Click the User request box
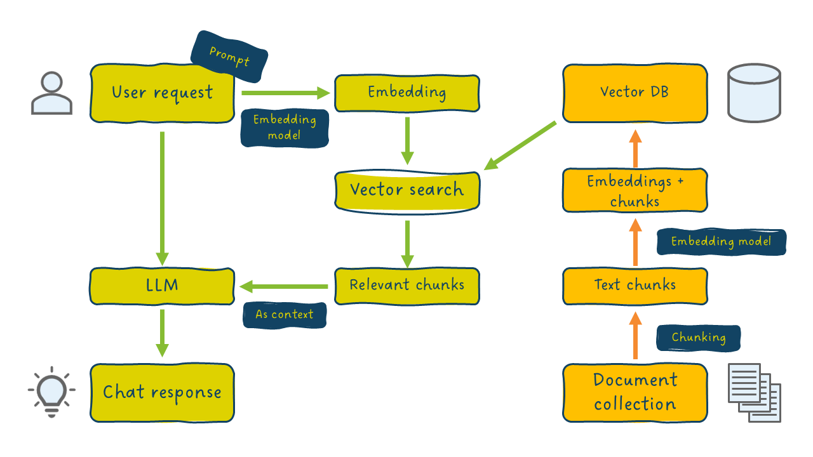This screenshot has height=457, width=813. click(x=162, y=93)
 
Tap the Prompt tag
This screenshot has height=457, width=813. click(x=229, y=58)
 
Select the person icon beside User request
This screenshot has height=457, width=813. click(x=51, y=93)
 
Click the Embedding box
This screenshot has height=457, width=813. click(x=406, y=93)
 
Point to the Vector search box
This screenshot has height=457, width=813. click(x=406, y=190)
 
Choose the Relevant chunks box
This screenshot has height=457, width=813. click(x=406, y=285)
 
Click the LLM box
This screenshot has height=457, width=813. click(x=162, y=285)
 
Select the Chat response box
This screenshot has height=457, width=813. click(x=162, y=392)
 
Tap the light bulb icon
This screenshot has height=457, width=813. click(x=51, y=390)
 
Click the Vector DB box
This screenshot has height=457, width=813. click(x=635, y=93)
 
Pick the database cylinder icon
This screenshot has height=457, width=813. click(x=754, y=93)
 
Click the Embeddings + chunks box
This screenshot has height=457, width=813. click(x=635, y=190)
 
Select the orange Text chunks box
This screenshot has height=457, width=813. click(x=635, y=285)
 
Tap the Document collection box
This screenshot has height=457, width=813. click(x=635, y=392)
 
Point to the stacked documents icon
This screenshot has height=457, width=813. click(x=753, y=392)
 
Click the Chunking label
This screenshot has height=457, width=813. click(x=698, y=338)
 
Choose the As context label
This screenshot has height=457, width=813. click(x=285, y=315)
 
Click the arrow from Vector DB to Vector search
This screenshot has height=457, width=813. click(x=521, y=145)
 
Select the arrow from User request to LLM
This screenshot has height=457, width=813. click(x=162, y=197)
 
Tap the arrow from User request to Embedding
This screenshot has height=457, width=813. click(x=286, y=93)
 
